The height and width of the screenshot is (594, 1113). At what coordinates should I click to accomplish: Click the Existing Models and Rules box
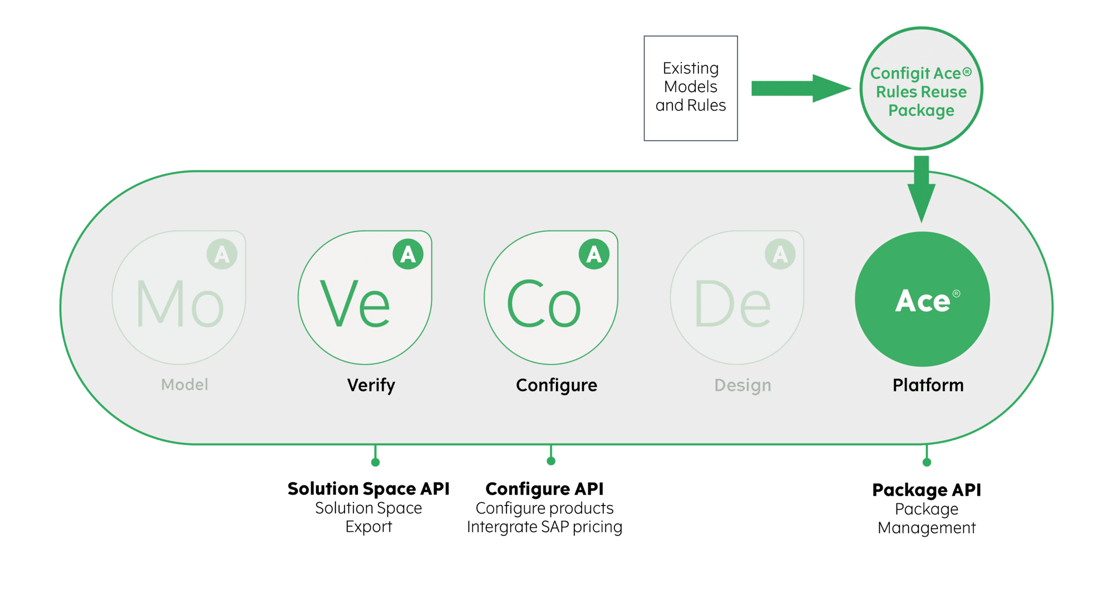point(691,88)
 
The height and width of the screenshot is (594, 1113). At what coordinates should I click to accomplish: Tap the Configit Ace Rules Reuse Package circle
point(921,89)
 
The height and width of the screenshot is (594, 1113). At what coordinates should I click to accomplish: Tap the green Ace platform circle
point(922,300)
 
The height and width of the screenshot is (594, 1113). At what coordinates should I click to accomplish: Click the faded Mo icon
point(179,298)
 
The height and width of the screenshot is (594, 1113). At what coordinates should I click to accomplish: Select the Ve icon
point(365,298)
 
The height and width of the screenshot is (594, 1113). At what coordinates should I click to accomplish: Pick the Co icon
point(550,298)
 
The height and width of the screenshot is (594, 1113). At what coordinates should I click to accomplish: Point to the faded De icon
point(737,298)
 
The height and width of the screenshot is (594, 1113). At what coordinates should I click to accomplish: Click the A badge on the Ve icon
point(408,254)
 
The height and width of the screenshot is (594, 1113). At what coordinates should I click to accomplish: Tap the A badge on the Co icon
point(594,254)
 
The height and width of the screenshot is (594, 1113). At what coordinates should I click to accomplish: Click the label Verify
point(371,385)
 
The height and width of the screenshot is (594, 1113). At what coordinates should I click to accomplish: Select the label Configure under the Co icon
point(556,385)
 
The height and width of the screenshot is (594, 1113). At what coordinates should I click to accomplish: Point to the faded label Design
point(743,385)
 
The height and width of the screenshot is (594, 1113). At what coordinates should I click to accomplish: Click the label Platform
point(928,385)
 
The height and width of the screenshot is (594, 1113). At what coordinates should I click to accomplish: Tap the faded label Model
point(185,385)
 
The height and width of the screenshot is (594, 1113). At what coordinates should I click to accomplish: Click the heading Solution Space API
point(368,489)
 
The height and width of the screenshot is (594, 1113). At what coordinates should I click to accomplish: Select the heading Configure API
point(544,489)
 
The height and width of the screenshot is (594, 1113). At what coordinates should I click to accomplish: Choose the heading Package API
point(927,490)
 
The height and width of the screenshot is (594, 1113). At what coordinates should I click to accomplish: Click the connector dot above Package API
point(927,462)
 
